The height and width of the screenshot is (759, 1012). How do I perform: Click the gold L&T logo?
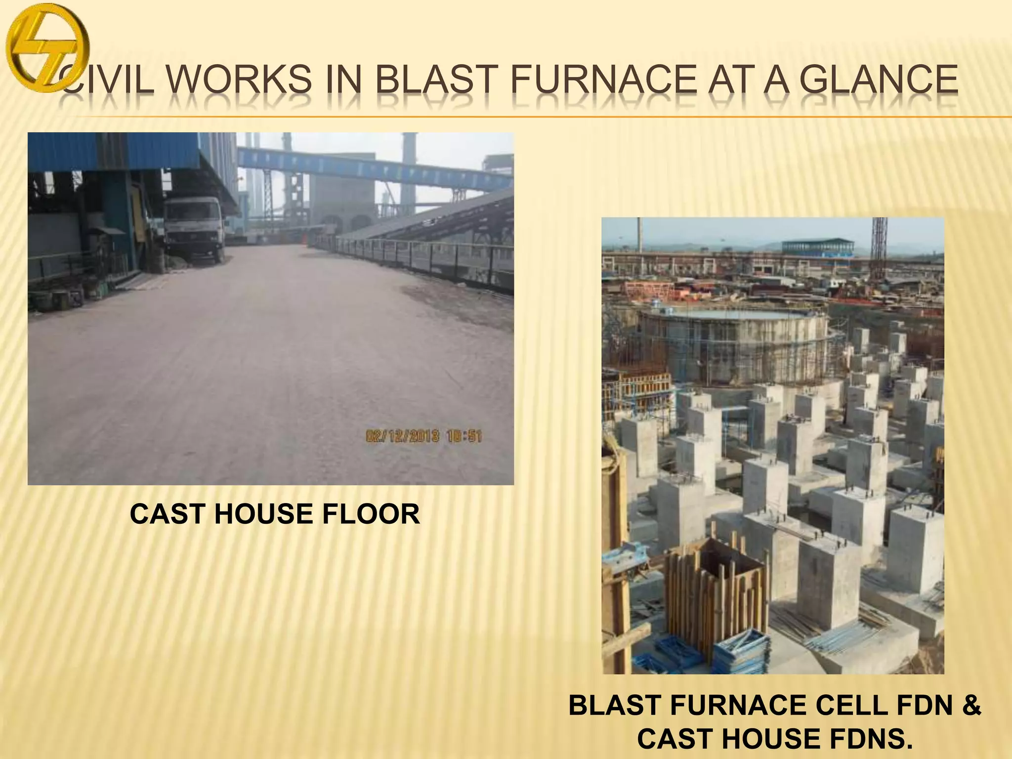click(x=48, y=50)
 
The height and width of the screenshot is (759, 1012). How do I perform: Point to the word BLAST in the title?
click(x=437, y=80)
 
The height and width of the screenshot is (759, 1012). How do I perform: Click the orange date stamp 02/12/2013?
click(x=403, y=436)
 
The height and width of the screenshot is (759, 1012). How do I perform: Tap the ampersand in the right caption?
click(x=971, y=705)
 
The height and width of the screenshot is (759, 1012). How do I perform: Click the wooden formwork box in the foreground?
click(x=717, y=593)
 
